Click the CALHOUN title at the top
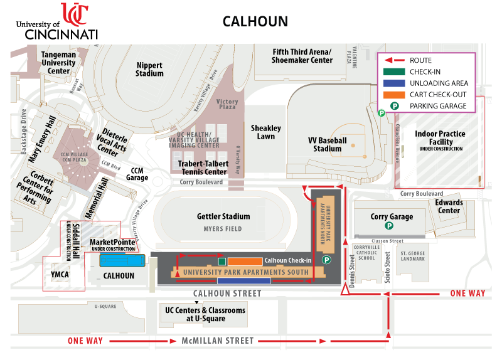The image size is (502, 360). pyautogui.click(x=255, y=21)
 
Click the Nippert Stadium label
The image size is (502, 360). pyautogui.click(x=149, y=69)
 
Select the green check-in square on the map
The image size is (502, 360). pyautogui.click(x=222, y=261)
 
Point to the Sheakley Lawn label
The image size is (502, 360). pyautogui.click(x=266, y=132)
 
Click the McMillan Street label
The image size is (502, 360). pyautogui.click(x=218, y=341)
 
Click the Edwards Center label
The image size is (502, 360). pyautogui.click(x=449, y=206)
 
